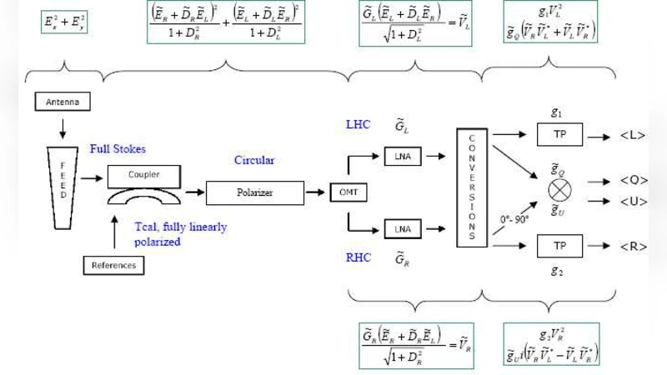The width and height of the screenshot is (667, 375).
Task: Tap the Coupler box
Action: point(145,175)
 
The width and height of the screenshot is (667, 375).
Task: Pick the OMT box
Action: point(344,192)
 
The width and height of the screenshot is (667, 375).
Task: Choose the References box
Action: point(115,266)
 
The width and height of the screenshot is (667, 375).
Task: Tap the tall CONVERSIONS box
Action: point(472,187)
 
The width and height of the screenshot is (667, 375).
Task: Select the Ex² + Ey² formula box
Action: point(63,22)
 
